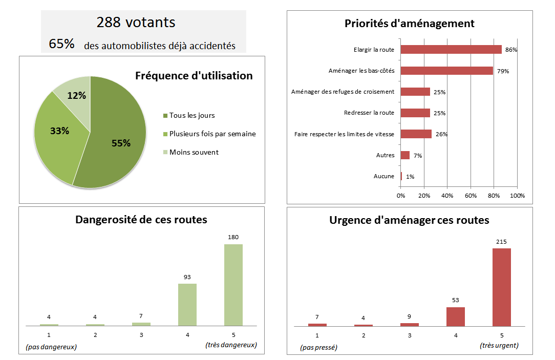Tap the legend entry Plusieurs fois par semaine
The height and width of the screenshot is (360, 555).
pyautogui.click(x=212, y=134)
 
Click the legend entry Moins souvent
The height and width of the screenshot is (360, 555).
pyautogui.click(x=194, y=152)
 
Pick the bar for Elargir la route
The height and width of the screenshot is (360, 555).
pyautogui.click(x=451, y=50)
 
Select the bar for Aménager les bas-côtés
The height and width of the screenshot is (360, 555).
pyautogui.click(x=446, y=71)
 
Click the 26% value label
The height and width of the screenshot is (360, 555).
pyautogui.click(x=441, y=135)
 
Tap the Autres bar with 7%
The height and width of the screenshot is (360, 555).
pyautogui.click(x=405, y=155)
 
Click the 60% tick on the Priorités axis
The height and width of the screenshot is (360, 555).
pyautogui.click(x=471, y=196)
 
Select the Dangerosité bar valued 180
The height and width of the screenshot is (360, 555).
pyautogui.click(x=233, y=285)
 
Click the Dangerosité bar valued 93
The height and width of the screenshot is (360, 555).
pyautogui.click(x=187, y=304)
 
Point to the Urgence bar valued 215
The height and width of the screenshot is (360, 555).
pyautogui.click(x=502, y=287)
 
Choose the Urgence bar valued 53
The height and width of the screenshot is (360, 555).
pyautogui.click(x=456, y=316)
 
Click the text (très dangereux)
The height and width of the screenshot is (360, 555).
pyautogui.click(x=231, y=345)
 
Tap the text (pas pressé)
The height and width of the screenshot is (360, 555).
pyautogui.click(x=318, y=347)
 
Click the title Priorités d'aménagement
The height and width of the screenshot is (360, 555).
pyautogui.click(x=409, y=24)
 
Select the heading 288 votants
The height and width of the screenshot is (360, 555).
pyautogui.click(x=136, y=23)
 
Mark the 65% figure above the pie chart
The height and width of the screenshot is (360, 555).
pyautogui.click(x=62, y=44)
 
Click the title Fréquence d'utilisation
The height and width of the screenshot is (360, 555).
pyautogui.click(x=194, y=76)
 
